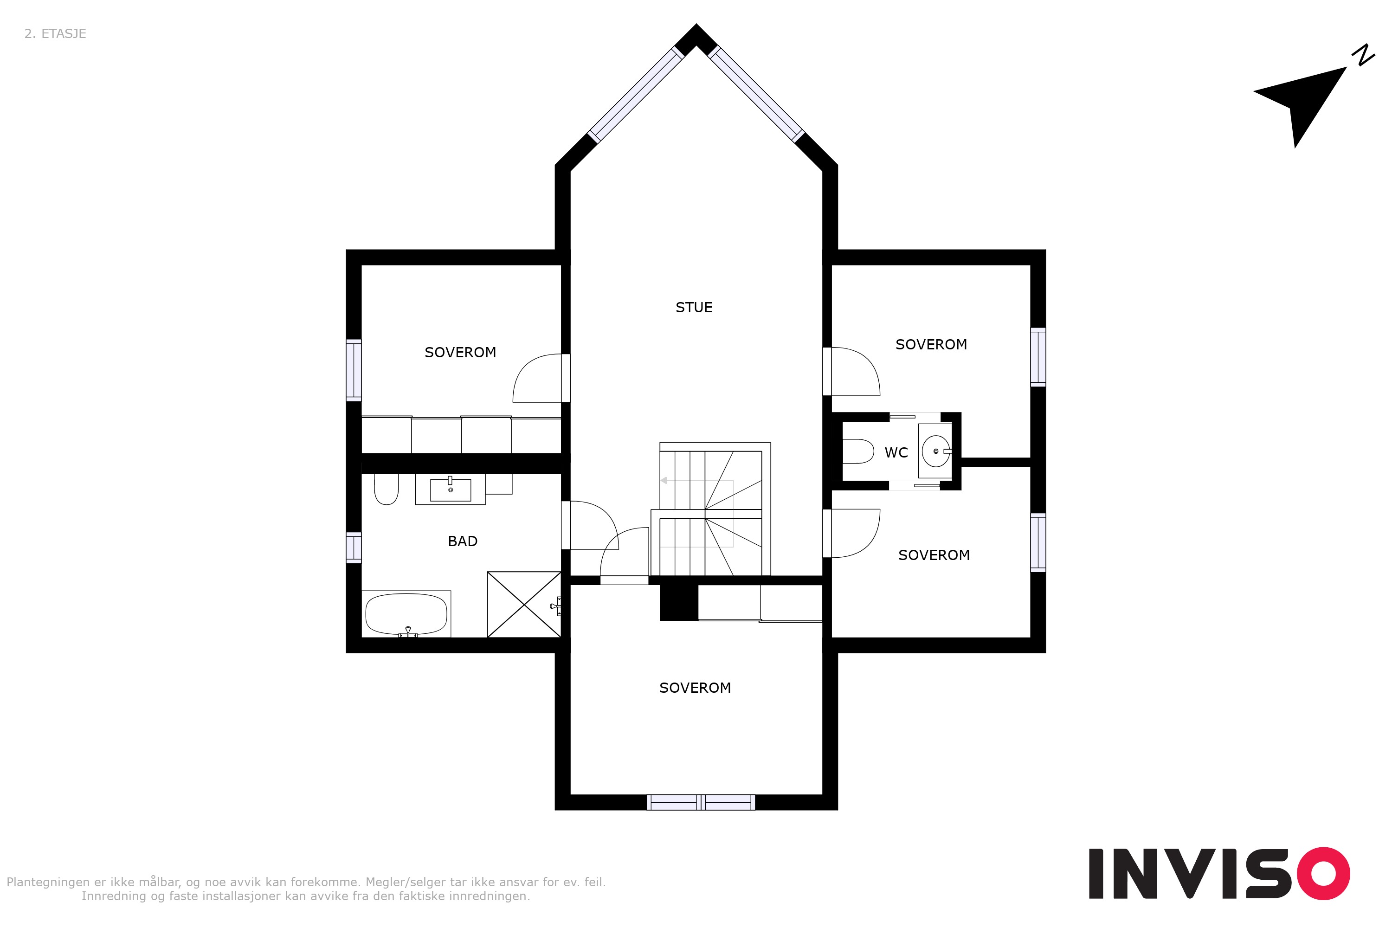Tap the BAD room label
point(462,541)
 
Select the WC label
point(896,453)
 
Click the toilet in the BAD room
point(387,489)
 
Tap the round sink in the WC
point(936,451)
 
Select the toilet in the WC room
point(857,451)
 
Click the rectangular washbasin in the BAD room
point(451,490)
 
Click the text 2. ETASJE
point(55,34)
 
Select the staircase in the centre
point(710,509)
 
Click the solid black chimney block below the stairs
point(679,602)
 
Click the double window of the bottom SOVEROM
point(701,803)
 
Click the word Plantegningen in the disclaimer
point(48,883)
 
